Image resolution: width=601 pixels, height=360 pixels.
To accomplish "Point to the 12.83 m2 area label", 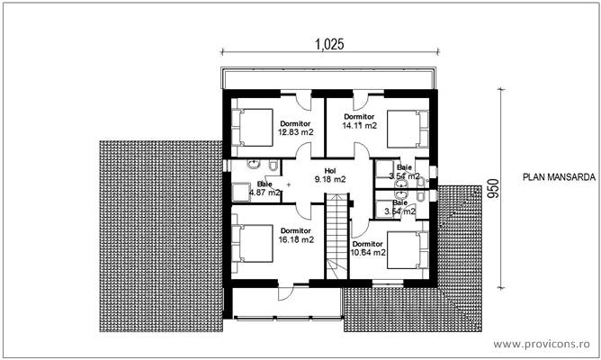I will point(294,132).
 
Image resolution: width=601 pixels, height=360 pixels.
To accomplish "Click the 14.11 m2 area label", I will point(358,126).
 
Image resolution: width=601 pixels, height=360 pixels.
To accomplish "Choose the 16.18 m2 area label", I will point(295,240).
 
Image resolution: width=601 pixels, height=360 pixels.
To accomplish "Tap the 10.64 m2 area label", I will point(369,252).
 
